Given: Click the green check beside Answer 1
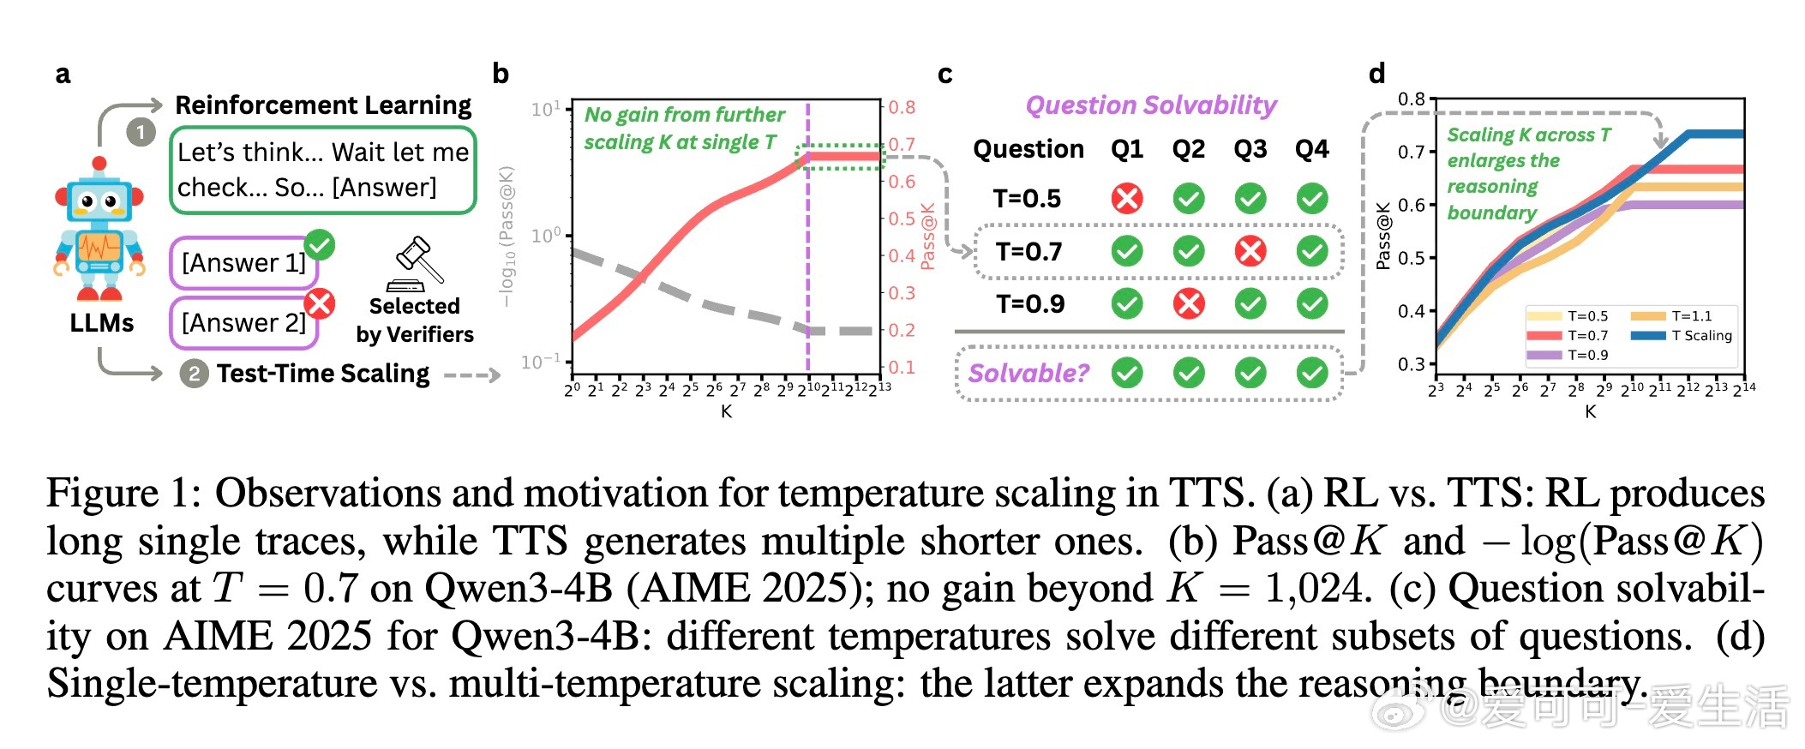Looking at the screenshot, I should point(320,245).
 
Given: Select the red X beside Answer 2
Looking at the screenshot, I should point(320,303).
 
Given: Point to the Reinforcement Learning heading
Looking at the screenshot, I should point(323,105).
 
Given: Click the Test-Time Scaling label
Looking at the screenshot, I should point(322,374).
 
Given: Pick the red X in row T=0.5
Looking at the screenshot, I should point(1126,199).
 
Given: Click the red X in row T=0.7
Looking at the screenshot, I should point(1250,251).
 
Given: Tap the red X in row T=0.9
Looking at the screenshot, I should point(1188,303).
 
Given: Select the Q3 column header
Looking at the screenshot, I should point(1250,149).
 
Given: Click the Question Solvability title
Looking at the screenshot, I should point(1150,105).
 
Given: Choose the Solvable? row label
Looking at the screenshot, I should point(1028,373).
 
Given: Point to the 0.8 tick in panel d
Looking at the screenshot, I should point(1411,99).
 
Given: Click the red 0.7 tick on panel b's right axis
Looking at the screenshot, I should point(902,144).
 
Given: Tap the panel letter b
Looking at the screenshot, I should point(501,75).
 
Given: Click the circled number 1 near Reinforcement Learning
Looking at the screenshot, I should point(141,132).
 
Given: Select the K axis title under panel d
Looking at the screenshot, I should point(1590,411).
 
